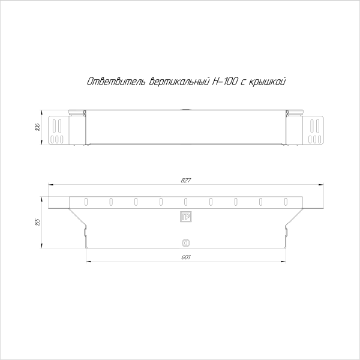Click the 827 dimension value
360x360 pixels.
click(185, 181)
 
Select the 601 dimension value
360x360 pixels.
click(185, 257)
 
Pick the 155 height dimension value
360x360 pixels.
click(37, 221)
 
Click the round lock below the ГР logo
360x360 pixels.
click(185, 243)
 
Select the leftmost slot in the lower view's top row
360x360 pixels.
click(86, 201)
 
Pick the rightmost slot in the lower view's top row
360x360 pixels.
click(286, 201)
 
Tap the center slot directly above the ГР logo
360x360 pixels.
click(185, 201)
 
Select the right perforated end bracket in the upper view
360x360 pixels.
click(316, 130)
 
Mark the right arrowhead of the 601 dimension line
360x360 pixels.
click(284, 262)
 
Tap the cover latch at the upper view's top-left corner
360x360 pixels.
click(76, 112)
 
